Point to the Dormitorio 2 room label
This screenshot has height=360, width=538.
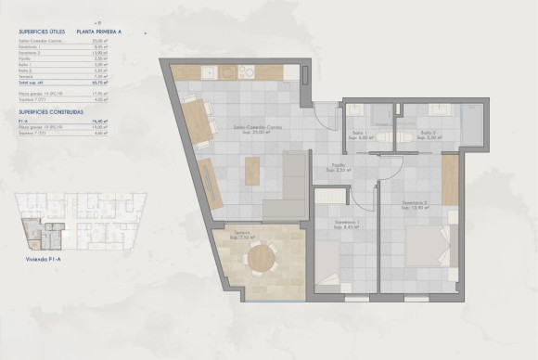click(x=414, y=204)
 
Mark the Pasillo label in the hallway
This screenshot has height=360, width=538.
click(x=342, y=169)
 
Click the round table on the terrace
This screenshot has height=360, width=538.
click(x=262, y=258)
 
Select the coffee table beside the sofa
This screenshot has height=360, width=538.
click(x=251, y=170)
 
